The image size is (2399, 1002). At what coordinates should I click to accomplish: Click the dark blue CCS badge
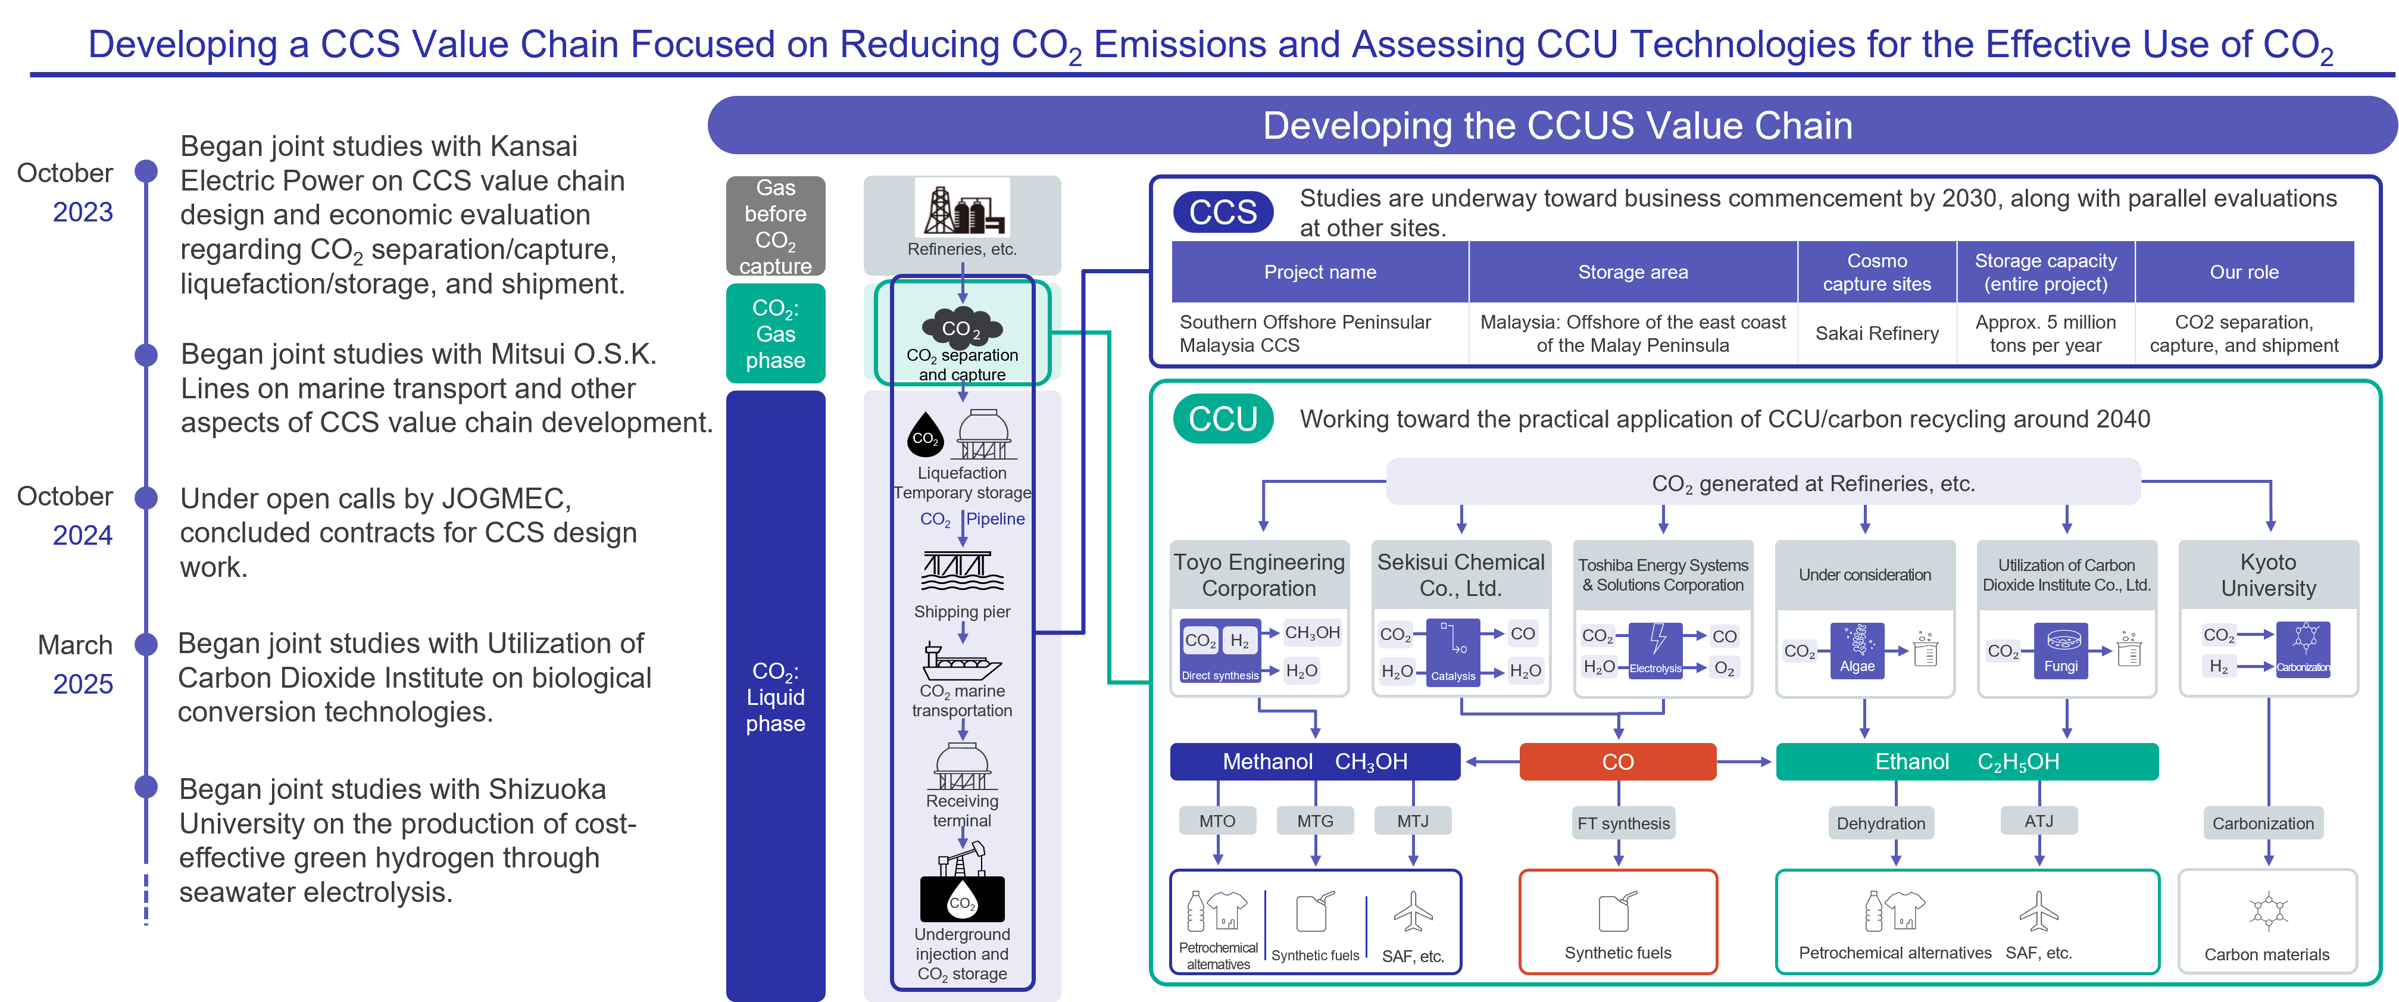click(1223, 213)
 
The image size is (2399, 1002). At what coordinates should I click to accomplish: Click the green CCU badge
click(1223, 419)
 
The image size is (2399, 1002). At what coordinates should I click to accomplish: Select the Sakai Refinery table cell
click(1876, 333)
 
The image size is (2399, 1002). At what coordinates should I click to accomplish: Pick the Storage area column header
click(1632, 272)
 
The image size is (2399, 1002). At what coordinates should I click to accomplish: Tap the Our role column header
click(2244, 272)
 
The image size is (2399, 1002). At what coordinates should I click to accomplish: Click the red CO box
click(1617, 761)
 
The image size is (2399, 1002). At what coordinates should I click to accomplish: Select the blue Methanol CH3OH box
click(1315, 761)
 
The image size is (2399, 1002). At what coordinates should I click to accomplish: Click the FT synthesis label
click(1623, 823)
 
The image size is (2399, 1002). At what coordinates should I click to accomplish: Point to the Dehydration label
click(1881, 823)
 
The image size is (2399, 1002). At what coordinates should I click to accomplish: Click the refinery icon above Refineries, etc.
click(962, 208)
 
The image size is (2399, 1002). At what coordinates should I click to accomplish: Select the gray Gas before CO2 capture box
click(776, 226)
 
